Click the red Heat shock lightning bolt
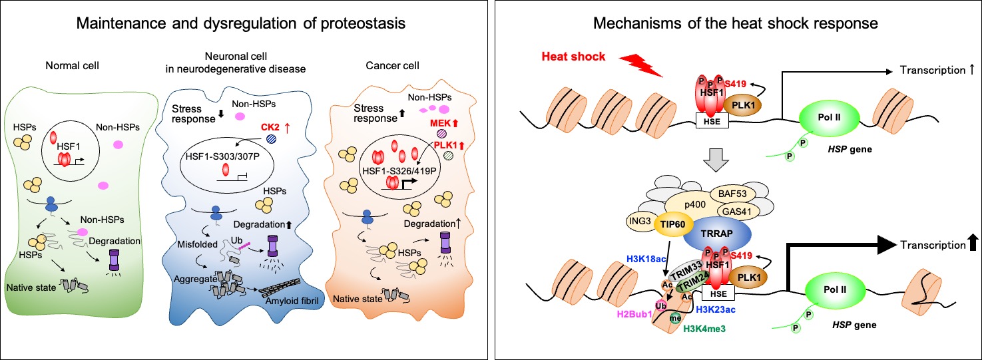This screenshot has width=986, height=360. (x=639, y=65)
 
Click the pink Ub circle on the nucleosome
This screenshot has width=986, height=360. (x=662, y=305)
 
